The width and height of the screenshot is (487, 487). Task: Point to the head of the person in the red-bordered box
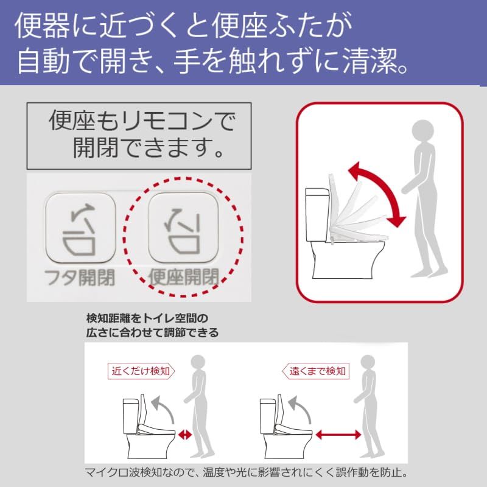coord(422,130)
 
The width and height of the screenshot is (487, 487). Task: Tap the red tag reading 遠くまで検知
coord(317,370)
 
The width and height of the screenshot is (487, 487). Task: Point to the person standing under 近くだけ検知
coord(198,414)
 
